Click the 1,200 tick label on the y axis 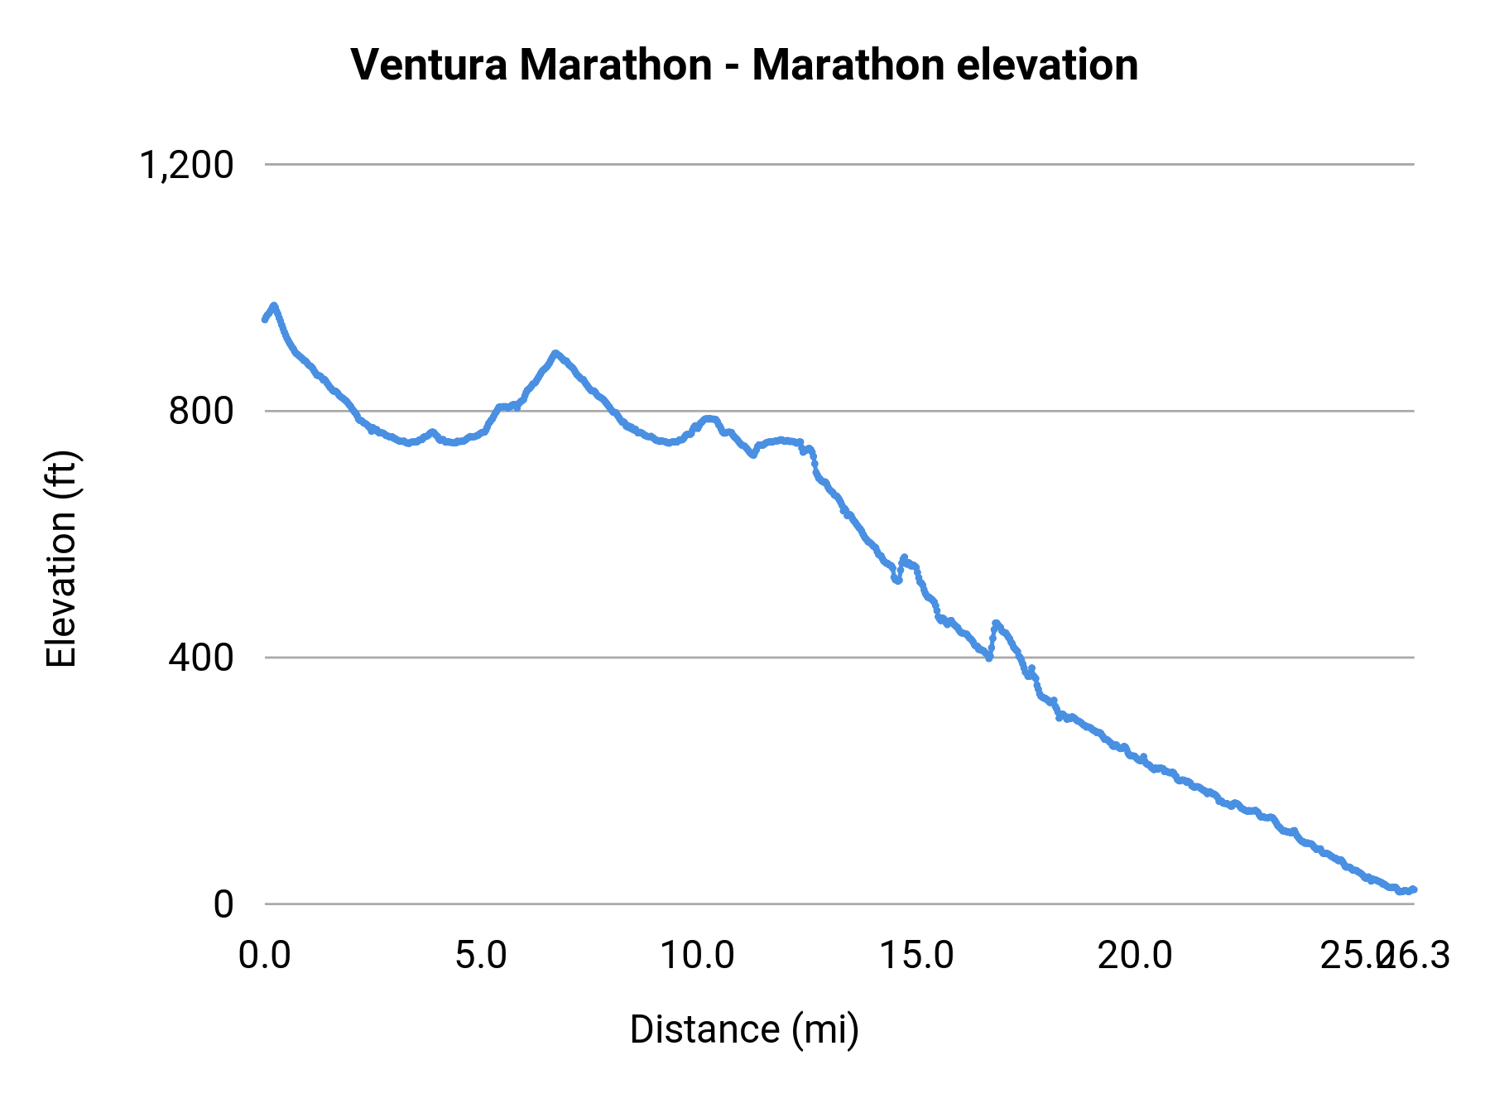pyautogui.click(x=186, y=165)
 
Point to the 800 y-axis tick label pyautogui.click(x=201, y=411)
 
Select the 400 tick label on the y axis pyautogui.click(x=201, y=658)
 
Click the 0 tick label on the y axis pyautogui.click(x=223, y=904)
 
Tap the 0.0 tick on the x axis pyautogui.click(x=265, y=956)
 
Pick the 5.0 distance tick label pyautogui.click(x=482, y=956)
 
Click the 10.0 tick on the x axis pyautogui.click(x=697, y=956)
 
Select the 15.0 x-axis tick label pyautogui.click(x=916, y=956)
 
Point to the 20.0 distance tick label pyautogui.click(x=1135, y=956)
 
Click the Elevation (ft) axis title pyautogui.click(x=61, y=559)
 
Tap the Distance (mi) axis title pyautogui.click(x=744, y=1029)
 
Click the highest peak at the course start pyautogui.click(x=274, y=306)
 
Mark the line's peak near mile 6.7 pyautogui.click(x=555, y=353)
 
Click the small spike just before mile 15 pyautogui.click(x=904, y=557)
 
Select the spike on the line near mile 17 pyautogui.click(x=996, y=623)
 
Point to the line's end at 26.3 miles pyautogui.click(x=1414, y=889)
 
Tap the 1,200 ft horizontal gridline pyautogui.click(x=828, y=165)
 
